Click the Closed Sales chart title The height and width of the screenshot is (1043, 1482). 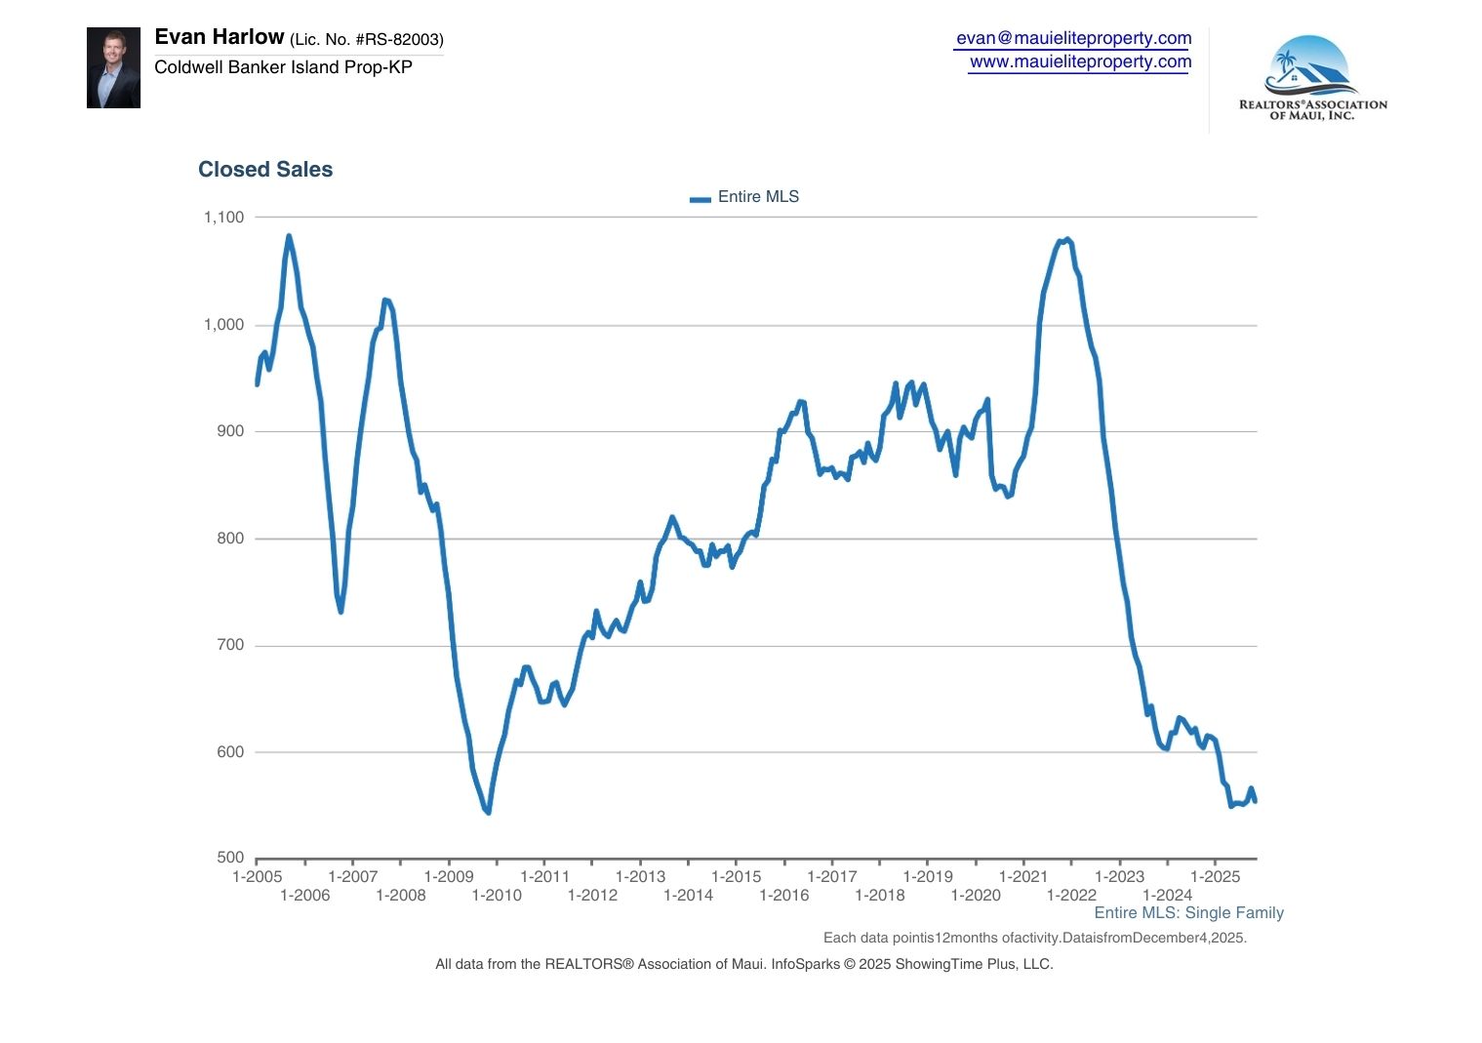click(x=265, y=170)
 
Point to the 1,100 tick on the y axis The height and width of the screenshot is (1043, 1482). click(x=223, y=218)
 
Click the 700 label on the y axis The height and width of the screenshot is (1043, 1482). click(x=230, y=645)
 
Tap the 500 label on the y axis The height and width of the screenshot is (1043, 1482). click(x=230, y=858)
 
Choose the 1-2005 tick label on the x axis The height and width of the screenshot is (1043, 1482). click(x=257, y=876)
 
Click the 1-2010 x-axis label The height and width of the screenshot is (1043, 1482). click(x=497, y=896)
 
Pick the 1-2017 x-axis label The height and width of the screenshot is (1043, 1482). click(x=832, y=876)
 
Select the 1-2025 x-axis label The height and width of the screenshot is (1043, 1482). click(x=1215, y=876)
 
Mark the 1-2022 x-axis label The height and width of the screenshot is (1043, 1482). click(x=1071, y=896)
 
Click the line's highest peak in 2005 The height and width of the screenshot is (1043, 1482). click(x=289, y=236)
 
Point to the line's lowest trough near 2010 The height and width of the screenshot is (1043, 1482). click(x=488, y=812)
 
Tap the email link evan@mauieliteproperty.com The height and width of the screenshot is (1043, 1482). click(x=1073, y=38)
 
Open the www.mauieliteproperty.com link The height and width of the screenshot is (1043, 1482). click(x=1080, y=61)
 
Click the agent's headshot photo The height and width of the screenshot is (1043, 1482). click(x=113, y=67)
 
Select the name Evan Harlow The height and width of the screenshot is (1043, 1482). click(x=220, y=37)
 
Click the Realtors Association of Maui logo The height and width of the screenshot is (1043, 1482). click(x=1312, y=78)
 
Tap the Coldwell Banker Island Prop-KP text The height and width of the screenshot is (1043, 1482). click(x=283, y=67)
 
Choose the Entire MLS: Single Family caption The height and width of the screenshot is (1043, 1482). click(x=1188, y=913)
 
